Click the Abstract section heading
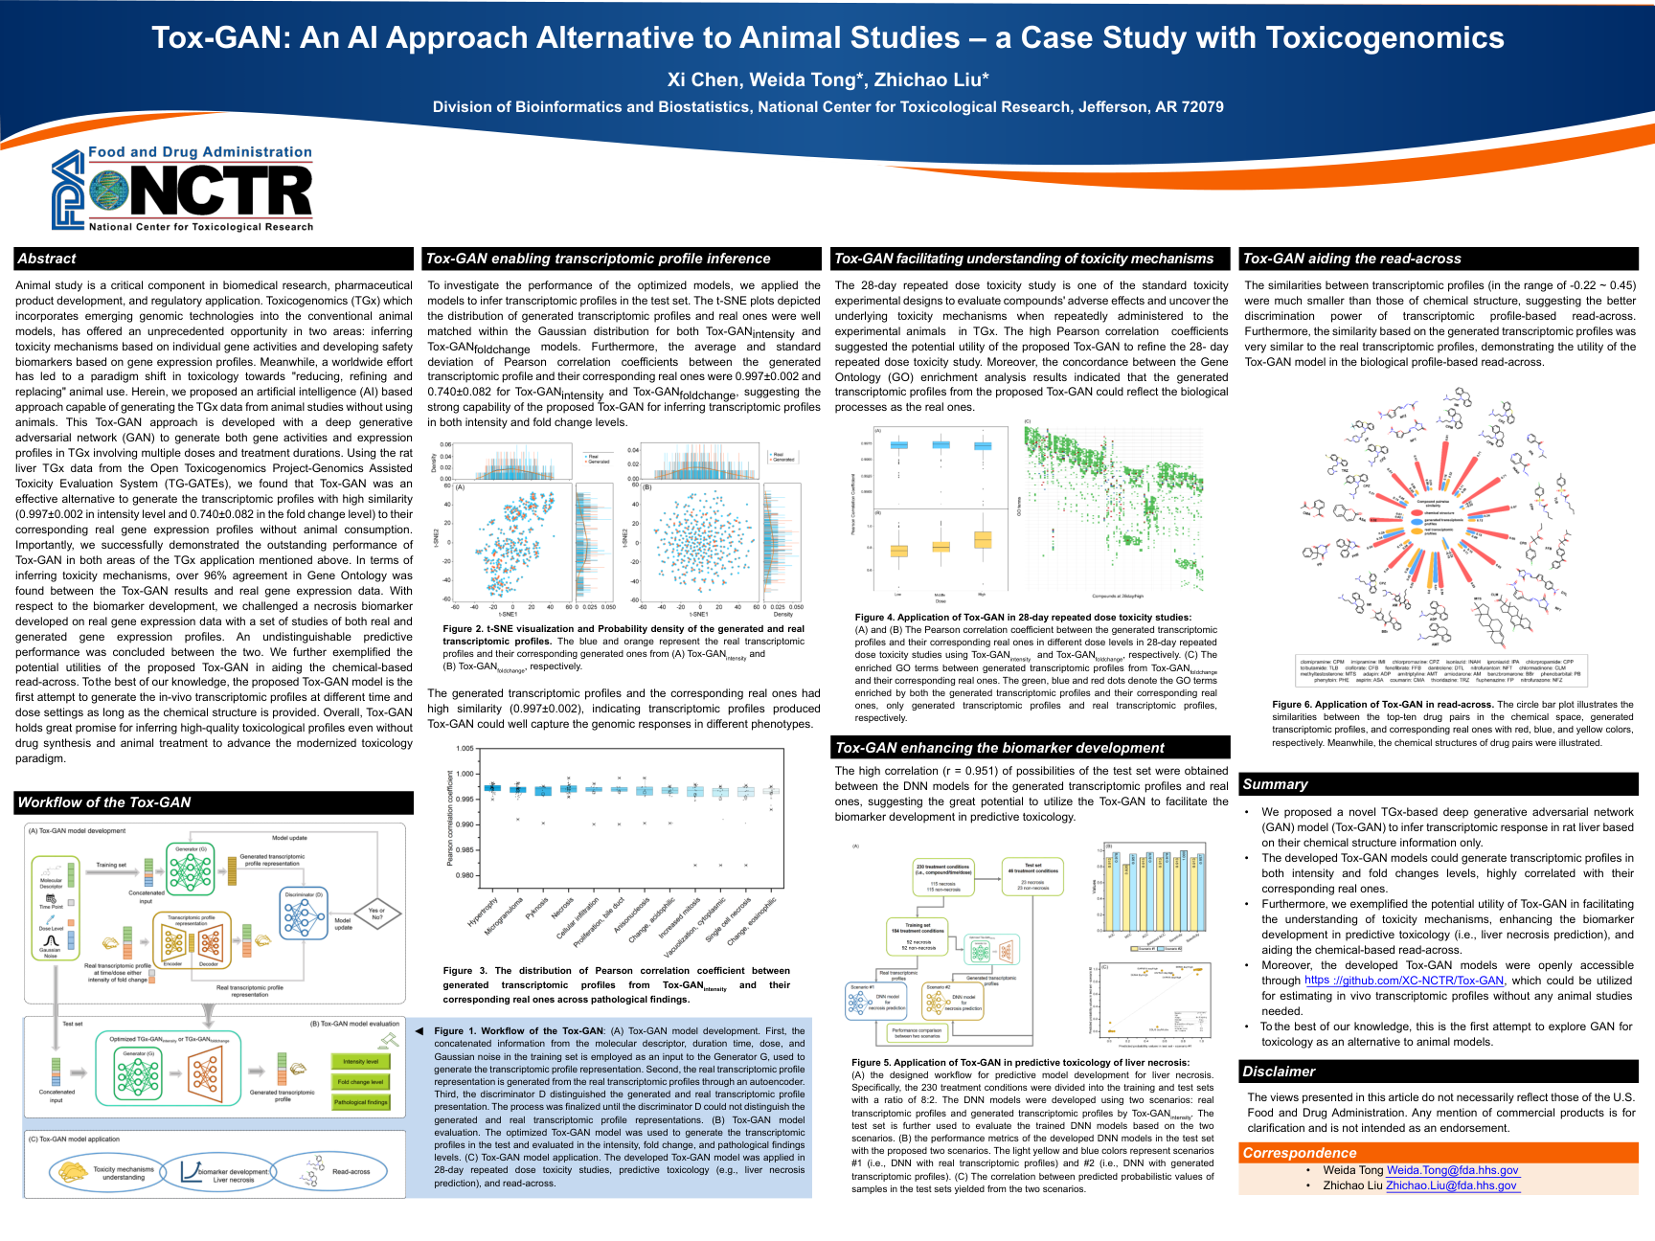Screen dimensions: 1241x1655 click(47, 259)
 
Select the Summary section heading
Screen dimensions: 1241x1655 click(1275, 784)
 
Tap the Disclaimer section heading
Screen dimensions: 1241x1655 click(1279, 1072)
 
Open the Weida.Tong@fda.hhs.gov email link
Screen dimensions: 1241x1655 click(1452, 1170)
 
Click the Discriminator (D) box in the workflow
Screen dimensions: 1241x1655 click(305, 914)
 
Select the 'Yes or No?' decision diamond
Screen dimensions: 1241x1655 click(376, 914)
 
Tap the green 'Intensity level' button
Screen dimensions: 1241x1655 click(360, 1061)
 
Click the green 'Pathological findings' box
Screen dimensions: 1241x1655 click(360, 1102)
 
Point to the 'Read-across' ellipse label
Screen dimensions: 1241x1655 click(351, 1171)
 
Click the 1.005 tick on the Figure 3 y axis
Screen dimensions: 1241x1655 click(465, 749)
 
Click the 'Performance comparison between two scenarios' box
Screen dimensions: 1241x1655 click(917, 1033)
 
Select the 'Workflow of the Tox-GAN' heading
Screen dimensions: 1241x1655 click(104, 802)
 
